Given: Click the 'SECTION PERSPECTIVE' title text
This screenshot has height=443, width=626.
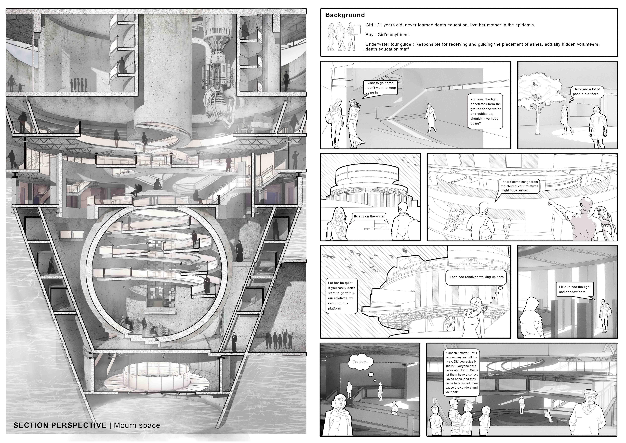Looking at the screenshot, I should click(60, 425).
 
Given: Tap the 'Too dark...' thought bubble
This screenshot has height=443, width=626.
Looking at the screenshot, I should click(361, 362).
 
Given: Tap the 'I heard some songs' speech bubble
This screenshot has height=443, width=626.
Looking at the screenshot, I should click(519, 186).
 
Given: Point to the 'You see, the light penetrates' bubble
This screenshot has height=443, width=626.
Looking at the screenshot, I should click(485, 111).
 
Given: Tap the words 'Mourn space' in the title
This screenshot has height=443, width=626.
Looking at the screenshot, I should click(137, 425).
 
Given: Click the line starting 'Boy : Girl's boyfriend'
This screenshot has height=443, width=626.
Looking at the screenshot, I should click(387, 35).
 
